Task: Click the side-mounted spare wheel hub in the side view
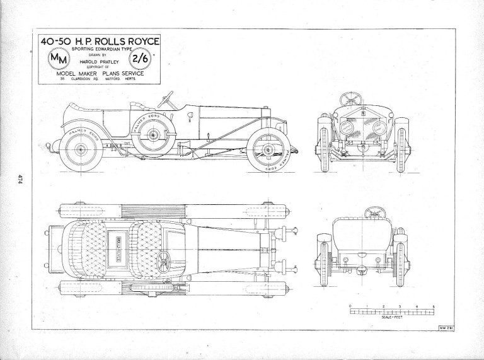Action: [151, 134]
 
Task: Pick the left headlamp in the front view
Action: [347, 127]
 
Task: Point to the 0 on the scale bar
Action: [350, 305]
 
